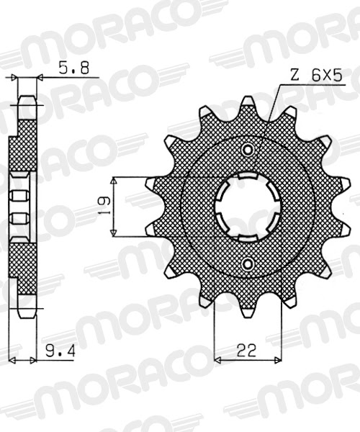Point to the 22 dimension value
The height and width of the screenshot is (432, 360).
(246, 351)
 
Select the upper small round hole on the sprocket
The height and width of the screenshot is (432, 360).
(248, 150)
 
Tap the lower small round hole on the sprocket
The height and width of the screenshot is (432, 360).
(248, 264)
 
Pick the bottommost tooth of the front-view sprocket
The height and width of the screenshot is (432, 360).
(248, 308)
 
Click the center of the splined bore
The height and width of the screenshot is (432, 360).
(248, 207)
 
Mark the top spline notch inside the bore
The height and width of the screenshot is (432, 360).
(248, 176)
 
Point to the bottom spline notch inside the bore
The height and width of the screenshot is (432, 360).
(248, 238)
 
